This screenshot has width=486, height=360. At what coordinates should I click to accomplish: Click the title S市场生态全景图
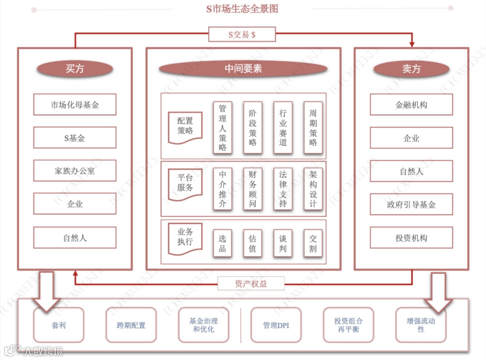point(242,9)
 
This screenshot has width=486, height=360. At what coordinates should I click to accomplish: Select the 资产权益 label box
point(251,283)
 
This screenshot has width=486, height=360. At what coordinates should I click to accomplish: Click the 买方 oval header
point(75,69)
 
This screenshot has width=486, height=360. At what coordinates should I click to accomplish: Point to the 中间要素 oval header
point(243,69)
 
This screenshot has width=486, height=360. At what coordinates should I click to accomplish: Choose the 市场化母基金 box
point(75,105)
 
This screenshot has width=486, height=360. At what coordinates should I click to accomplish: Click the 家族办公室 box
point(75,171)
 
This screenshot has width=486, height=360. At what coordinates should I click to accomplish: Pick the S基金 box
point(75,138)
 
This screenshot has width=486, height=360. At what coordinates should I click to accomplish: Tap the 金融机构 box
point(411,105)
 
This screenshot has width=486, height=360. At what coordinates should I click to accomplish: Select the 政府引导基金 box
point(411,205)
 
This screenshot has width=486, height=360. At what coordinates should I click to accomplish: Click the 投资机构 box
point(411,238)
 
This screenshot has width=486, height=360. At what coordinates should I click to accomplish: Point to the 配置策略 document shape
point(185,126)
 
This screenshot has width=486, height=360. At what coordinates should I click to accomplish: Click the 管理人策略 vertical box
point(223,127)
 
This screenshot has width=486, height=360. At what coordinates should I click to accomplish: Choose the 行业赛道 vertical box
point(283,127)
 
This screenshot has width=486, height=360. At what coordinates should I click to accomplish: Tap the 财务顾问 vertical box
point(252,189)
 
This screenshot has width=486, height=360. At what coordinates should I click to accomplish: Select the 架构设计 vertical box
point(313,189)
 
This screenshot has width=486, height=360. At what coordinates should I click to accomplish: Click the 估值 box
point(252,243)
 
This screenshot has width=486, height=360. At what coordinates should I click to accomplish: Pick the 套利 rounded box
point(58,325)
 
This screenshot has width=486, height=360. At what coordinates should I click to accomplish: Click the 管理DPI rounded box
point(276,325)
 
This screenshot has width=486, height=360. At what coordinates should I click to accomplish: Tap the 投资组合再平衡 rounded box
point(348,325)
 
